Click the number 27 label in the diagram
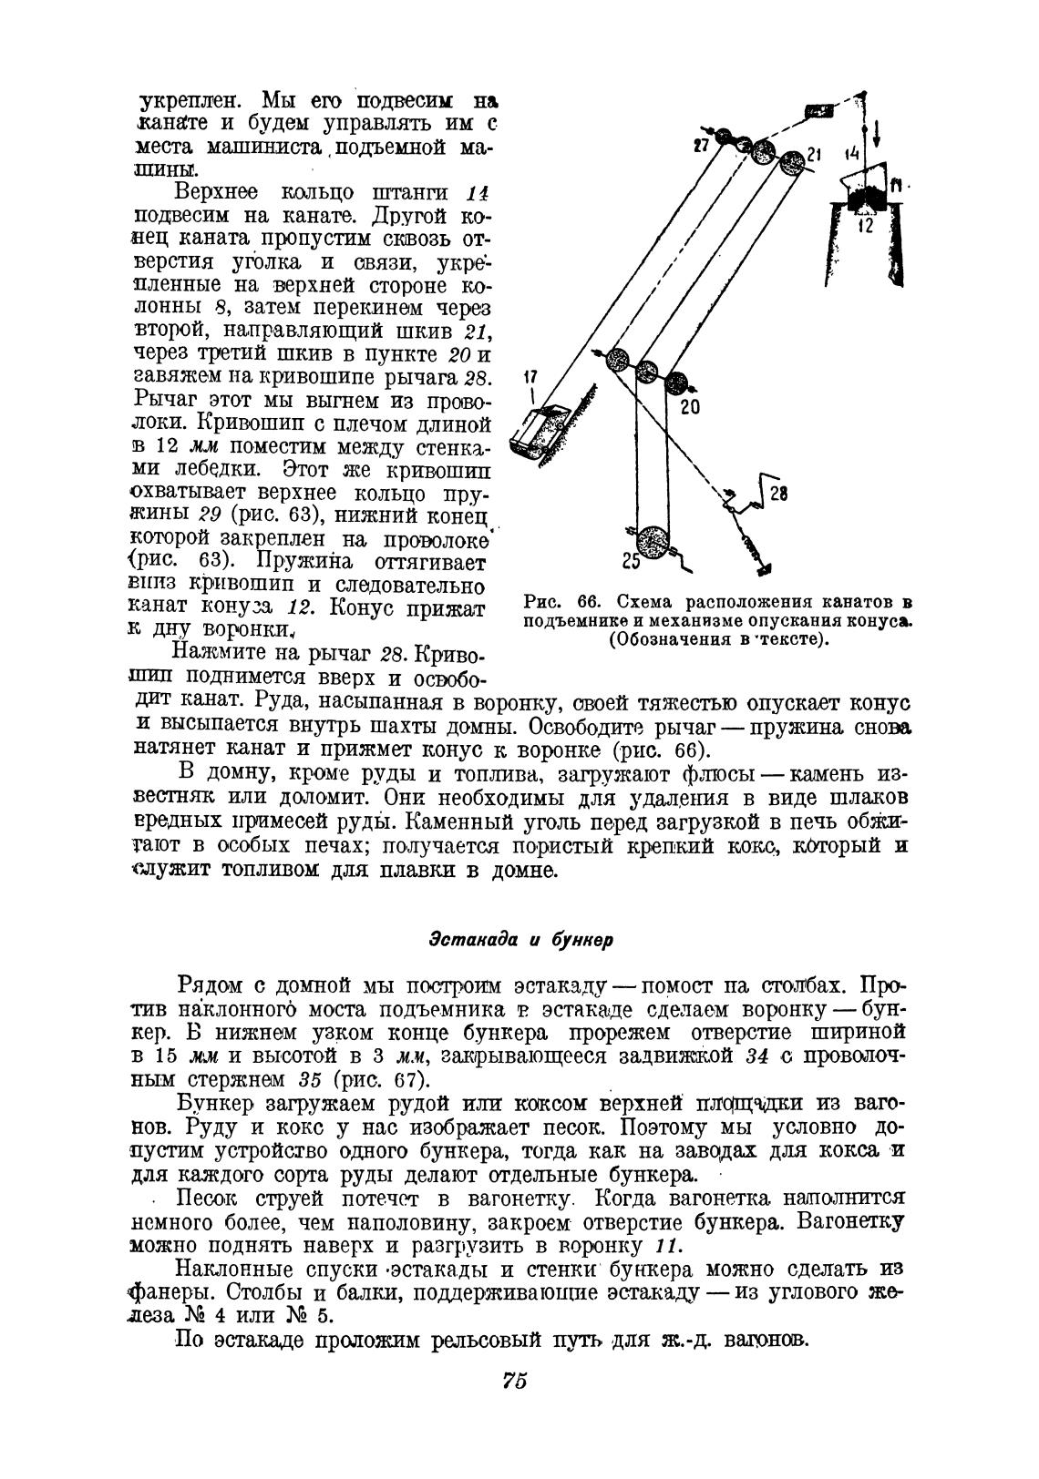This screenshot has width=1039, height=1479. tap(702, 143)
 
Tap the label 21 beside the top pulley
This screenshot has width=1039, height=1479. tap(814, 154)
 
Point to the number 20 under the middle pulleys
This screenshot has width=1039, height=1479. tap(690, 407)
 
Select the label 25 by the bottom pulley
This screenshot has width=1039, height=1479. tap(631, 563)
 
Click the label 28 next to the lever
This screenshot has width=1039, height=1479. tap(778, 495)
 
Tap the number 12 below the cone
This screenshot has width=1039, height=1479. tap(865, 225)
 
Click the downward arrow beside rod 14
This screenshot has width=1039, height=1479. tap(877, 133)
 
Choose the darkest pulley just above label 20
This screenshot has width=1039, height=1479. tap(675, 381)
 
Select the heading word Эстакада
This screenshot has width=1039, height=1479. tap(472, 939)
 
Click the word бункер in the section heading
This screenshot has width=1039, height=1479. tap(581, 939)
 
